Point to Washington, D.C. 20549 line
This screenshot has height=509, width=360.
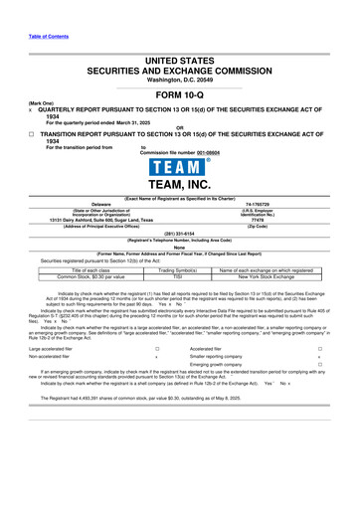[179, 50]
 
